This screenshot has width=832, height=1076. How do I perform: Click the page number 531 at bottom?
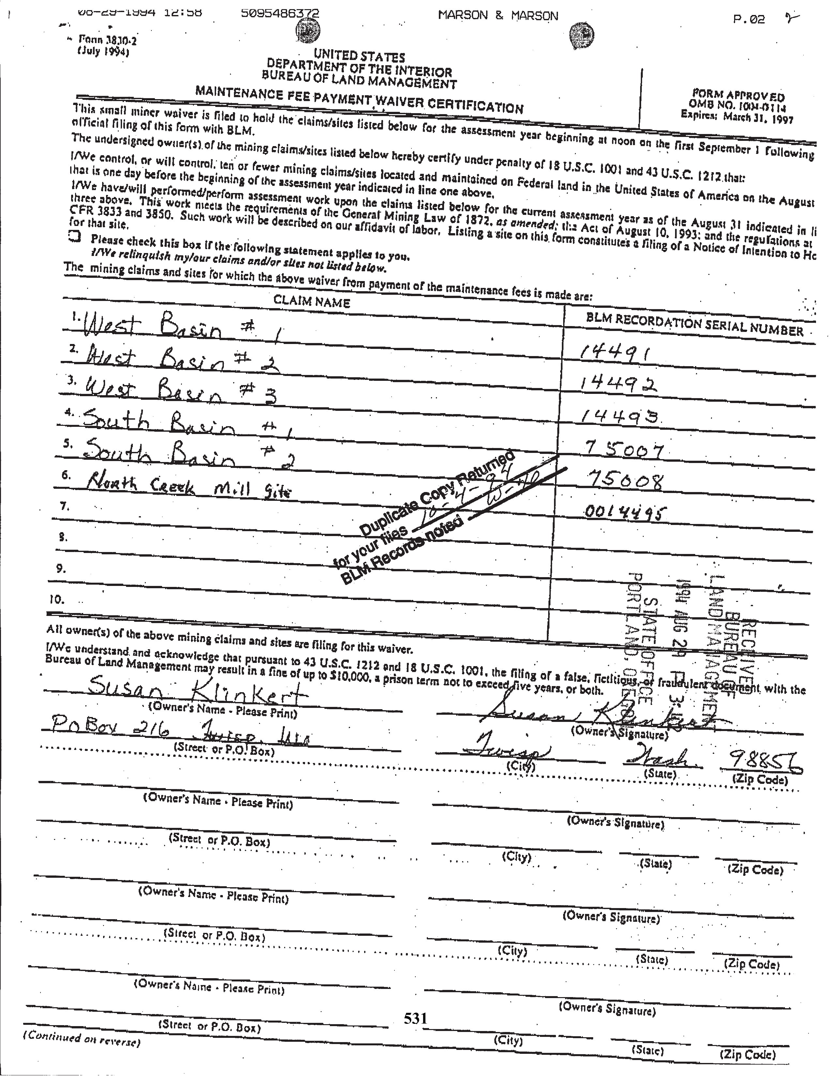click(x=415, y=1018)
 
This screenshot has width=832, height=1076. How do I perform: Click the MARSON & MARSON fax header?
click(x=498, y=16)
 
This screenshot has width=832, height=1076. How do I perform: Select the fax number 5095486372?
click(x=280, y=13)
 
